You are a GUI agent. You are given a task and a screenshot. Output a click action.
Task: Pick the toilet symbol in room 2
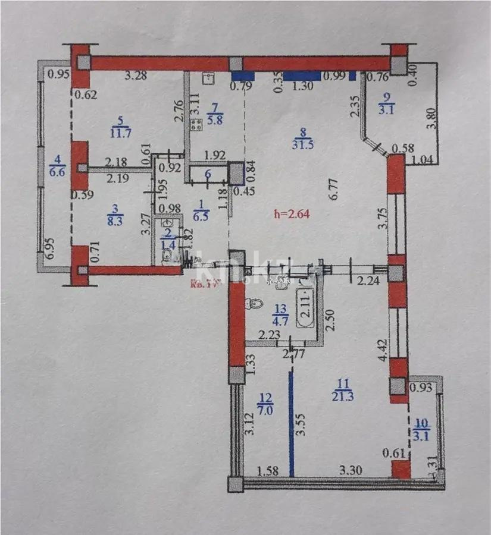point(168,256)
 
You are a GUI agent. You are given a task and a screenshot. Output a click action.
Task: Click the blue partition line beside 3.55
point(292,422)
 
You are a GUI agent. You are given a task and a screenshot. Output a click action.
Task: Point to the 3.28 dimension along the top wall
point(136,75)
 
